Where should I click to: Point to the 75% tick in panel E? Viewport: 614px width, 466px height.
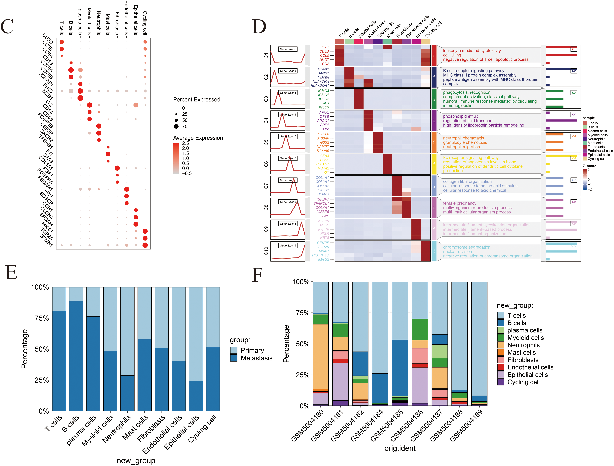pyautogui.click(x=42, y=318)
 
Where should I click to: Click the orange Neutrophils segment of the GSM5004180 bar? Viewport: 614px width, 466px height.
pyautogui.click(x=321, y=356)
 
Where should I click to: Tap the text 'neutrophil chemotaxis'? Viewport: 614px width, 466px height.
pyautogui.click(x=463, y=138)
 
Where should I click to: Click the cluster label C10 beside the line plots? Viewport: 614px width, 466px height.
pyautogui.click(x=266, y=251)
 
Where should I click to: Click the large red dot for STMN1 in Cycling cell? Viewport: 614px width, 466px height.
pyautogui.click(x=145, y=245)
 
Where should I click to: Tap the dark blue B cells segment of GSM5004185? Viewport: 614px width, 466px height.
pyautogui.click(x=400, y=368)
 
